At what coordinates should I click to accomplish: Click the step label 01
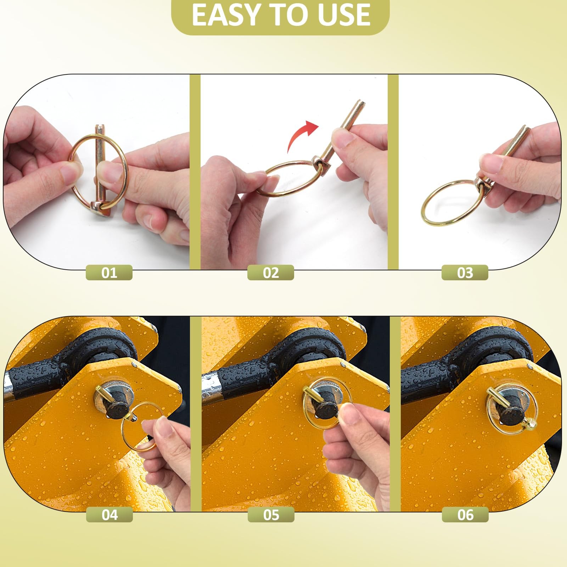[109, 273]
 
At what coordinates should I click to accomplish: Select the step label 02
[271, 273]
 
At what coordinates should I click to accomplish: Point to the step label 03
[465, 273]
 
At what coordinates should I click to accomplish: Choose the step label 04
[110, 515]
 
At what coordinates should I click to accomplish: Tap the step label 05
[271, 515]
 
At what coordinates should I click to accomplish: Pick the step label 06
[465, 515]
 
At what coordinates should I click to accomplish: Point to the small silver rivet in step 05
[343, 364]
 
